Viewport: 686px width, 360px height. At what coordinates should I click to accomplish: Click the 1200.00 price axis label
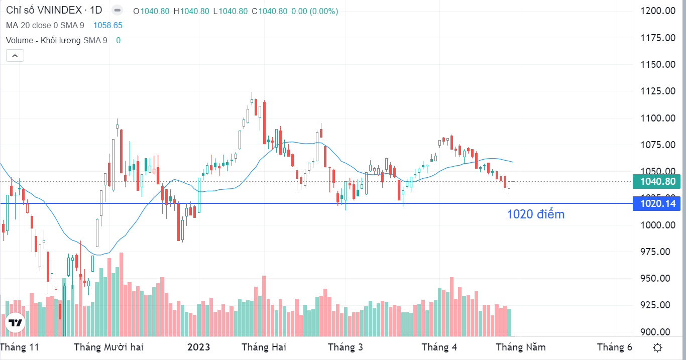pyautogui.click(x=658, y=11)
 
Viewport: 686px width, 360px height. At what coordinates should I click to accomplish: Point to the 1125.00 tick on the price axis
pyautogui.click(x=658, y=91)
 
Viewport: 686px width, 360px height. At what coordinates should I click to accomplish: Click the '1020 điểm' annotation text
pyautogui.click(x=536, y=214)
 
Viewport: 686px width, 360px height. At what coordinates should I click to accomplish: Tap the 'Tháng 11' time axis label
pyautogui.click(x=20, y=347)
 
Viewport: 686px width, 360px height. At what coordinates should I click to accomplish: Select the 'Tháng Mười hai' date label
pyautogui.click(x=108, y=347)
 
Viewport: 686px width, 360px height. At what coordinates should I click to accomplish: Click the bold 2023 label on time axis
pyautogui.click(x=199, y=347)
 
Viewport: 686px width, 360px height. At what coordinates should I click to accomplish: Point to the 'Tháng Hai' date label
pyautogui.click(x=264, y=347)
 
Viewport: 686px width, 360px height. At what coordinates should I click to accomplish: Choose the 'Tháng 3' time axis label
pyautogui.click(x=346, y=347)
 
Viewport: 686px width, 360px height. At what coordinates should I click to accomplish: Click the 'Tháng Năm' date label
pyautogui.click(x=521, y=347)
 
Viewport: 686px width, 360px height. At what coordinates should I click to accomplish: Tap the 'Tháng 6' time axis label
pyautogui.click(x=614, y=347)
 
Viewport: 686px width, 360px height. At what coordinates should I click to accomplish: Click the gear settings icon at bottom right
pyautogui.click(x=657, y=348)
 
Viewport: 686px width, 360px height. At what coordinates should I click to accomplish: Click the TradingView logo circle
pyautogui.click(x=15, y=323)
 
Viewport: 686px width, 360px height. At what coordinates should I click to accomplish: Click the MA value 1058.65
pyautogui.click(x=108, y=26)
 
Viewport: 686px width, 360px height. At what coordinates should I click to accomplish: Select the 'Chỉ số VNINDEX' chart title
pyautogui.click(x=44, y=11)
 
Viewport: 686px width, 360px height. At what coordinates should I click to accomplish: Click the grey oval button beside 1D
pyautogui.click(x=117, y=11)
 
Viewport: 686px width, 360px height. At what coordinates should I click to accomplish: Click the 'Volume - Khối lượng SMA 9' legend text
pyautogui.click(x=57, y=40)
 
